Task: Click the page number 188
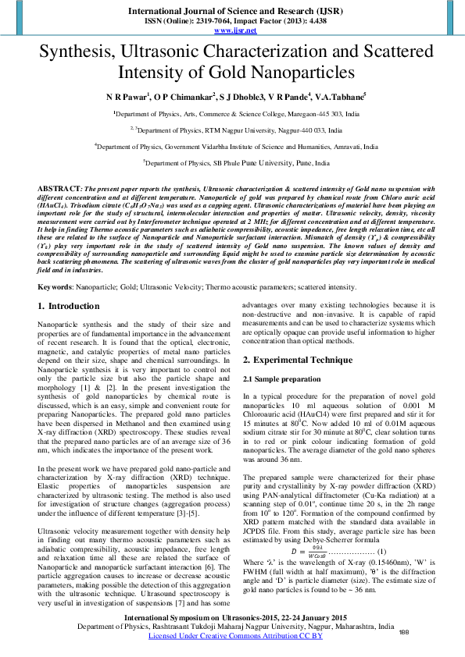click(x=404, y=631)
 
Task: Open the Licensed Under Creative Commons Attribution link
click(x=235, y=636)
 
